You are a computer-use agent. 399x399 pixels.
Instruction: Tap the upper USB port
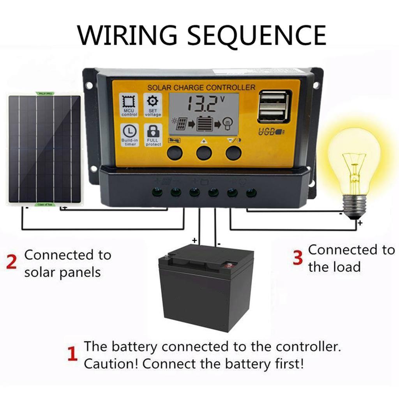pyautogui.click(x=274, y=98)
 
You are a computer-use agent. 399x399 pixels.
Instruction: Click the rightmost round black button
pyautogui.click(x=233, y=153)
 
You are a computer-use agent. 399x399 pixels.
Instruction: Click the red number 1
pyautogui.click(x=72, y=355)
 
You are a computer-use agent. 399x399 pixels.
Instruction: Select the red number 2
pyautogui.click(x=11, y=262)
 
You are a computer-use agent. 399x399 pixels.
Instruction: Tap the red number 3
pyautogui.click(x=298, y=258)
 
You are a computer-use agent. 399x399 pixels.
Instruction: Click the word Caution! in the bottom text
pyautogui.click(x=111, y=364)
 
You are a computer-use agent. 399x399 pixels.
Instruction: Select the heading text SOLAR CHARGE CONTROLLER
pyautogui.click(x=201, y=88)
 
